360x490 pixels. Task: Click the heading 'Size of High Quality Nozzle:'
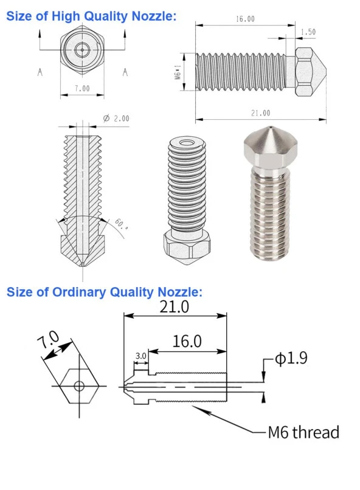(x=91, y=16)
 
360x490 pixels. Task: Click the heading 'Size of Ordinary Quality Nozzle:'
(x=104, y=292)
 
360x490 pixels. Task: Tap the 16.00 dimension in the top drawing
(x=244, y=19)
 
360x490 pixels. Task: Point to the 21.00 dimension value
(x=260, y=113)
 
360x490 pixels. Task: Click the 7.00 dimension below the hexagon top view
(x=81, y=88)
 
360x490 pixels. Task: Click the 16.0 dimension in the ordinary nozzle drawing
(x=187, y=341)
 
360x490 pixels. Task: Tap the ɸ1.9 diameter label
(x=291, y=359)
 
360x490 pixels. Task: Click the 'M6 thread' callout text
(x=303, y=432)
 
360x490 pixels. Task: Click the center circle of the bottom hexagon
(x=78, y=385)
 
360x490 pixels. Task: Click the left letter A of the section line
(x=40, y=72)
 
